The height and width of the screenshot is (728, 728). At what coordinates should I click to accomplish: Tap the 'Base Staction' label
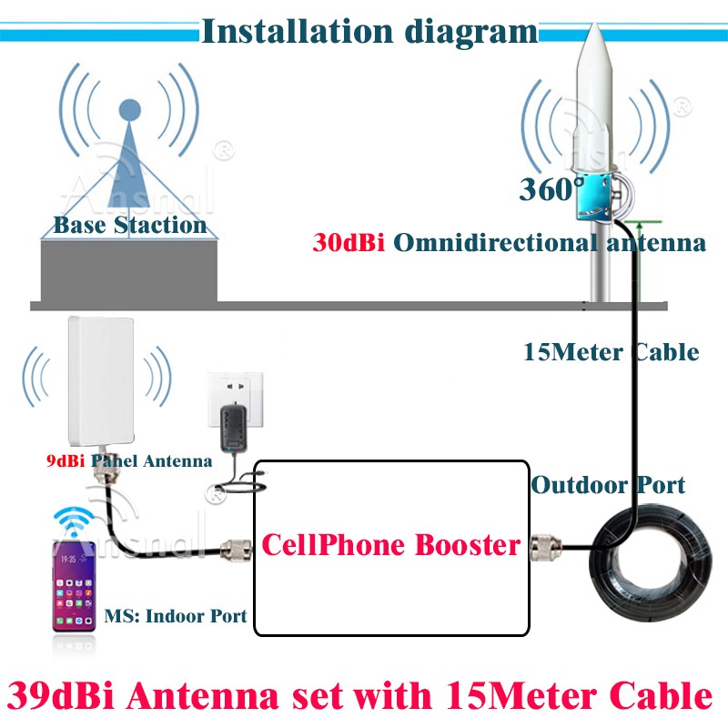(x=129, y=224)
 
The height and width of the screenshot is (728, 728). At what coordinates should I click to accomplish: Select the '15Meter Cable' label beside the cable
(x=611, y=352)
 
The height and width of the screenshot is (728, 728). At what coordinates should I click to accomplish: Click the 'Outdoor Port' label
(x=608, y=485)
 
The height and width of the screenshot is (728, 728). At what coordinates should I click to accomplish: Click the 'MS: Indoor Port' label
(x=176, y=616)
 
